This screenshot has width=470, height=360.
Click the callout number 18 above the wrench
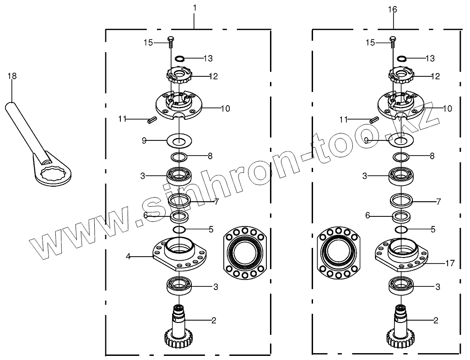click(x=11, y=76)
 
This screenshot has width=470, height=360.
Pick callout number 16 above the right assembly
click(x=392, y=9)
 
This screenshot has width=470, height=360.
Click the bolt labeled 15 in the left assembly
click(x=170, y=42)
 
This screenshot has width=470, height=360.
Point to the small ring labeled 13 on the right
click(x=402, y=59)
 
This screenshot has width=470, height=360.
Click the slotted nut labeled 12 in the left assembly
click(x=179, y=75)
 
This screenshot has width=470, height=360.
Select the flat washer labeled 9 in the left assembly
click(x=179, y=140)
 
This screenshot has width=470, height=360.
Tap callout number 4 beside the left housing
click(x=129, y=257)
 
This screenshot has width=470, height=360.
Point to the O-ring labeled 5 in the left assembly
click(x=179, y=229)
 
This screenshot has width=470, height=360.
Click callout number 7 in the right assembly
click(x=438, y=201)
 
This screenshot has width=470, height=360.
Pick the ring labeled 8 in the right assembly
click(x=401, y=157)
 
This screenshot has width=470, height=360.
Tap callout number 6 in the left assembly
click(x=145, y=215)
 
